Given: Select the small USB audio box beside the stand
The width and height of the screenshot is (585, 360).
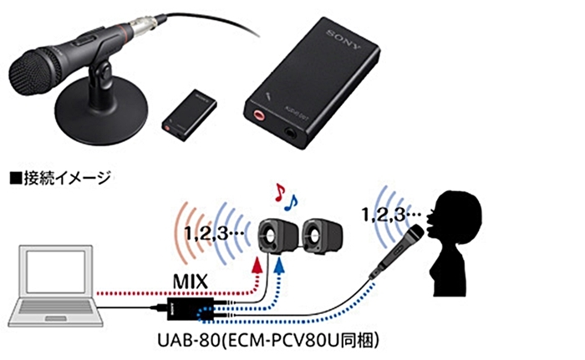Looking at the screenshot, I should coord(188,113).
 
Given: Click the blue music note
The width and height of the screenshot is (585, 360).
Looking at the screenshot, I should coord(292,201).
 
